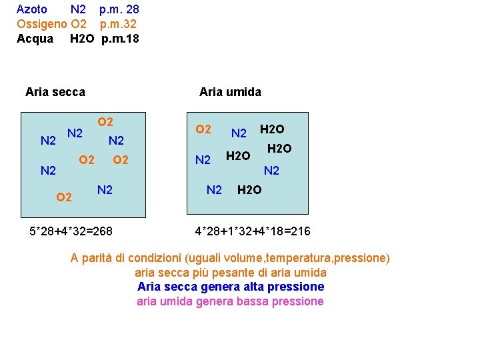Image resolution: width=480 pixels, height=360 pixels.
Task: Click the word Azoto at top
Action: pos(31,10)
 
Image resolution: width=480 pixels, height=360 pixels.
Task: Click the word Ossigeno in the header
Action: pos(41,24)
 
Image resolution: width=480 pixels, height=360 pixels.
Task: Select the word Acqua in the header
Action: pos(35,39)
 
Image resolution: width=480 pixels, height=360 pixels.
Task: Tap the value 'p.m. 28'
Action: pos(119,10)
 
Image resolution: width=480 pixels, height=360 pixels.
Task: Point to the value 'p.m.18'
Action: pos(120,39)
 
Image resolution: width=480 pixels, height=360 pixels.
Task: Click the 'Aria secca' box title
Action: pos(55,92)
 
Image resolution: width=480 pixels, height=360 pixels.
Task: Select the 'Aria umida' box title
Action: pos(230,92)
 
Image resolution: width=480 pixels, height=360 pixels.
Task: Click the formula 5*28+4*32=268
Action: pos(71,231)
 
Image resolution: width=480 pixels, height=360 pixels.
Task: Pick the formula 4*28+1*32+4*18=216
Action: pos(253,231)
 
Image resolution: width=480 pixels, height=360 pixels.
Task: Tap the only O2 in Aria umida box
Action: pos(203,129)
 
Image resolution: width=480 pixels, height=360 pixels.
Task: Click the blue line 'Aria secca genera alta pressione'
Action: pos(231,287)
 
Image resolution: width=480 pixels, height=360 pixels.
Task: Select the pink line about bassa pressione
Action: pos(230,301)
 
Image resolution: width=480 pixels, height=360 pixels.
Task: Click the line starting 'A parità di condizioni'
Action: pos(230,258)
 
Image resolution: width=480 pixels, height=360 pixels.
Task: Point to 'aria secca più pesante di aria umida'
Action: pos(231,273)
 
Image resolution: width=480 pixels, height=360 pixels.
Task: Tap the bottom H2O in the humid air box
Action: pos(250,191)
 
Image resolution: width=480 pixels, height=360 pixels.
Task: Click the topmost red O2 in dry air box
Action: pos(105,122)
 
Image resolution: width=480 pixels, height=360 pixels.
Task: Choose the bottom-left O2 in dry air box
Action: pos(64,197)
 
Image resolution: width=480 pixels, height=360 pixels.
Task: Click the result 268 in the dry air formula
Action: pos(103,231)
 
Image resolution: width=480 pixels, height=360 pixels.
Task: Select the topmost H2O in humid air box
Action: pos(272,129)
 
